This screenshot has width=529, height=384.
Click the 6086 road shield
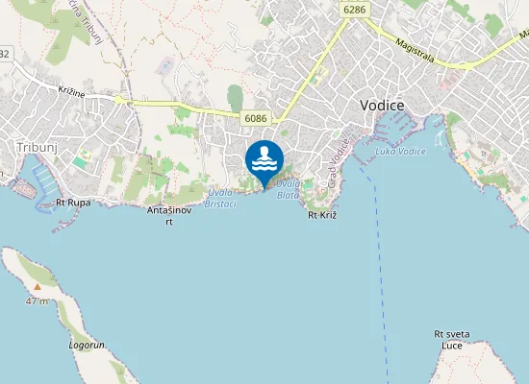(x=255, y=118)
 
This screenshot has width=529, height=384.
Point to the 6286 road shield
(x=354, y=9)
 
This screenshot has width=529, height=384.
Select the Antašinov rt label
(x=168, y=215)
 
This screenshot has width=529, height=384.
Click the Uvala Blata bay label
(x=289, y=188)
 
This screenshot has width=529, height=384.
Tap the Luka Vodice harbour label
(x=400, y=151)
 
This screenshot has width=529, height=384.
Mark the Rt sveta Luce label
(x=451, y=339)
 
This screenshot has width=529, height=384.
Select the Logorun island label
(x=87, y=344)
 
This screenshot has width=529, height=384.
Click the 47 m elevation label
(x=37, y=301)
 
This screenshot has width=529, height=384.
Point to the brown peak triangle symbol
(x=37, y=286)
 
